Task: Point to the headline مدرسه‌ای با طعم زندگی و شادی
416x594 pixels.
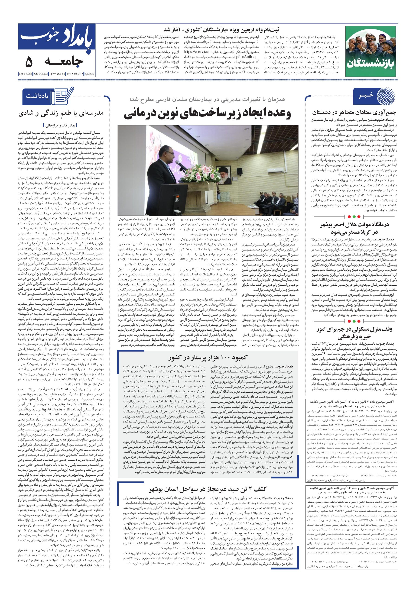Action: click(61, 113)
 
